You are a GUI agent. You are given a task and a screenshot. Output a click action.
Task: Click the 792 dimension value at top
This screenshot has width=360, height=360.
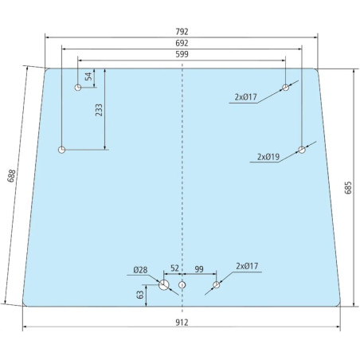[x=182, y=32]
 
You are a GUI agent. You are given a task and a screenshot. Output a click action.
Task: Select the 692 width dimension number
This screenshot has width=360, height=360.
[x=182, y=43]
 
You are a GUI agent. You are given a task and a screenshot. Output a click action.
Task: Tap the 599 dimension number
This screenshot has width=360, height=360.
[x=182, y=54]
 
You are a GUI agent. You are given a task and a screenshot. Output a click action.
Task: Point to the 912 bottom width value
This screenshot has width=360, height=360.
[x=182, y=323]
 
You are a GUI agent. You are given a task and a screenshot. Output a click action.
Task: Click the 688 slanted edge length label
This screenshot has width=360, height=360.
[x=11, y=176]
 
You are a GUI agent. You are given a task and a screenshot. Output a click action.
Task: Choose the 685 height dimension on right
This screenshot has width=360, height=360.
[x=348, y=188]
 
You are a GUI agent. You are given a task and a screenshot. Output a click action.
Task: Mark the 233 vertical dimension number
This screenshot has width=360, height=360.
[x=99, y=110]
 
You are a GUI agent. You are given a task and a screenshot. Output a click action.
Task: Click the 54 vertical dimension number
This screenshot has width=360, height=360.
[x=88, y=76]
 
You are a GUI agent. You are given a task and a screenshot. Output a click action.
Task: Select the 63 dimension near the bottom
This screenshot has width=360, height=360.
[x=140, y=295]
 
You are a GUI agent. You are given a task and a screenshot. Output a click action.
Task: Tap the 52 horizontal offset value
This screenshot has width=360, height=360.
[x=174, y=268]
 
